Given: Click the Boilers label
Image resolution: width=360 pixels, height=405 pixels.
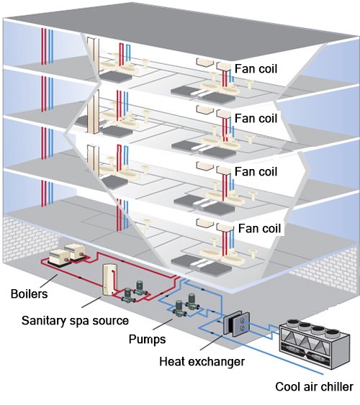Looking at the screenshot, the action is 30,294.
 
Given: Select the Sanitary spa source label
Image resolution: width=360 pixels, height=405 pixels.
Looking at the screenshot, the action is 75,321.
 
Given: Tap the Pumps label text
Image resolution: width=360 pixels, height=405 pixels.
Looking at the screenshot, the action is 147,339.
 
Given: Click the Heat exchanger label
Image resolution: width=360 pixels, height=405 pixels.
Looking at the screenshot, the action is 202,361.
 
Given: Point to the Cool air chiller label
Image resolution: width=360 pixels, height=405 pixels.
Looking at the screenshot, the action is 314,387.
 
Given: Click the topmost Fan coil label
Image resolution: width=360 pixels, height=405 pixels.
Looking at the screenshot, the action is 256,69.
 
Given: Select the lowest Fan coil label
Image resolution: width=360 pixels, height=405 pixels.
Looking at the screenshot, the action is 259,228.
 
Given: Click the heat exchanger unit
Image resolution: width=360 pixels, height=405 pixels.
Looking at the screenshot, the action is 236,324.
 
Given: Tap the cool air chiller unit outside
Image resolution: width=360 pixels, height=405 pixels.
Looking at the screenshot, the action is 315,344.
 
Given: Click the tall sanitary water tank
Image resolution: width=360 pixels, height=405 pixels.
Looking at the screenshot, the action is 110,279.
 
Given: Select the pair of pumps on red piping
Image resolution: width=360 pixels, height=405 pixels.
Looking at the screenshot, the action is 134,291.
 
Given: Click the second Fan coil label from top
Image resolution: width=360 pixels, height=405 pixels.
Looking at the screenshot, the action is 256,118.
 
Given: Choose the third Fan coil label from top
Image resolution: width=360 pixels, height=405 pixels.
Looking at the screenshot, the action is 256,171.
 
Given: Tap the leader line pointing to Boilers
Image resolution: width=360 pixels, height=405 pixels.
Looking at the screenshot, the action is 48,281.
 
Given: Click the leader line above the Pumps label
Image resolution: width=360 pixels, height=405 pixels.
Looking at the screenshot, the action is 163,324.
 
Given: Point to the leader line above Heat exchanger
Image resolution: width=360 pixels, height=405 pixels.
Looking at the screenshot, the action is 212,342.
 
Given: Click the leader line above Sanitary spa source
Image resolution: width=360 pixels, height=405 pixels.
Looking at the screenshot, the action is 91,302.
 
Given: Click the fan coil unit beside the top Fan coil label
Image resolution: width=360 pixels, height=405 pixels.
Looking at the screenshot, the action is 223,66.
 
